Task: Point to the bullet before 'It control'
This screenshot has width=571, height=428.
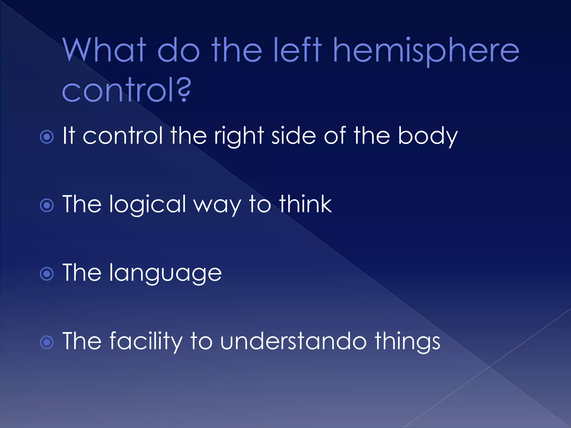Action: (47, 137)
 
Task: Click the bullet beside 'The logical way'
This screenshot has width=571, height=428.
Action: (47, 205)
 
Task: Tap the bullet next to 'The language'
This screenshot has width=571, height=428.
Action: (47, 274)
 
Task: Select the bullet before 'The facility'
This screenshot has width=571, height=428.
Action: (47, 342)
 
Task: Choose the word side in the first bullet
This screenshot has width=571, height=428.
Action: (294, 136)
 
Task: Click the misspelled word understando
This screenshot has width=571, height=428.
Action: (293, 341)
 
